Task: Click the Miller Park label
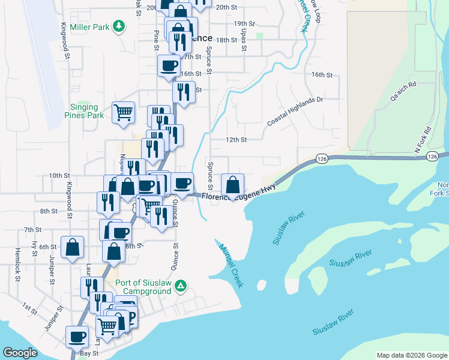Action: [x=90, y=27]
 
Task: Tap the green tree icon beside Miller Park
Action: [x=120, y=26]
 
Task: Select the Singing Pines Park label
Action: [x=84, y=111]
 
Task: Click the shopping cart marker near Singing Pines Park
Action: [x=124, y=112]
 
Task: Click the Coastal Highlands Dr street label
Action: [x=295, y=112]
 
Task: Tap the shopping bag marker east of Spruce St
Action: [x=232, y=184]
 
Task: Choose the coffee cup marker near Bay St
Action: [x=76, y=337]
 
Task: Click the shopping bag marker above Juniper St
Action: [x=72, y=247]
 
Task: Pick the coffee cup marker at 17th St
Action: [x=169, y=65]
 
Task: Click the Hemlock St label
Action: [x=18, y=270]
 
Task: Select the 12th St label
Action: [x=236, y=140]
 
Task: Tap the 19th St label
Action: [x=245, y=24]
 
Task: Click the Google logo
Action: [x=20, y=353]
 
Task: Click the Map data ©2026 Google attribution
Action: [x=411, y=355]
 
